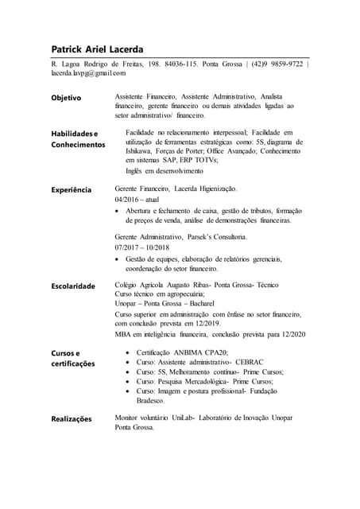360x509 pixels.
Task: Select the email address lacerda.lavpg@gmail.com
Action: click(x=88, y=73)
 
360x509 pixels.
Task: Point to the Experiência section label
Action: click(x=72, y=190)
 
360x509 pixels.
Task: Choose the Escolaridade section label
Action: click(x=73, y=286)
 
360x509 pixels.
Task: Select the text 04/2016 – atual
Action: click(x=137, y=199)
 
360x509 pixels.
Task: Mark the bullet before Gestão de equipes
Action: click(x=119, y=259)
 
